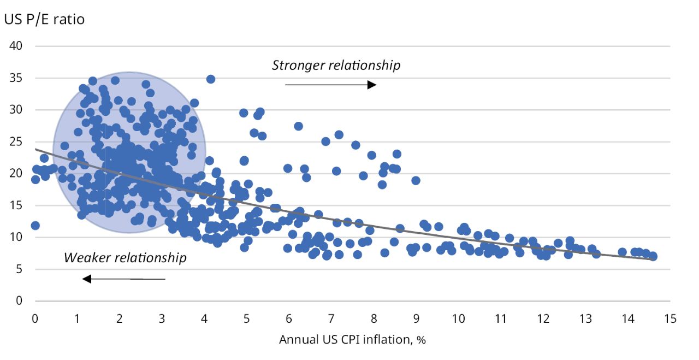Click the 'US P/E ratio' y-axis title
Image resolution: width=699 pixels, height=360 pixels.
click(44, 20)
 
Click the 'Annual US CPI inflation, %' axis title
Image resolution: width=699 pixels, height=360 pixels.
click(352, 340)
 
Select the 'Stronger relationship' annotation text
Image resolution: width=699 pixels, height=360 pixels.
click(336, 66)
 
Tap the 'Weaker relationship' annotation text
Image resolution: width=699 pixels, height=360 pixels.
click(125, 258)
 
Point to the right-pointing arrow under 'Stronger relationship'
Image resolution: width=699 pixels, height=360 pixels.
click(330, 85)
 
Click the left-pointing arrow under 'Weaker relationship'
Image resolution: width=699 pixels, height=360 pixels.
click(123, 279)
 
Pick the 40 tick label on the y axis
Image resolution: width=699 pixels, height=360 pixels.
click(16, 46)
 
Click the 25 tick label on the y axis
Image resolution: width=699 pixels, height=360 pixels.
click(16, 141)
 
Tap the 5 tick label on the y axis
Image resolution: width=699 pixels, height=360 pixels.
click(19, 269)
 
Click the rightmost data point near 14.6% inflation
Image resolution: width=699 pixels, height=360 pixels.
click(653, 256)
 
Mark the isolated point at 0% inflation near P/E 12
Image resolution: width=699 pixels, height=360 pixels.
click(35, 226)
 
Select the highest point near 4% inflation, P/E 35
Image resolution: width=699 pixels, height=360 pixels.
click(210, 79)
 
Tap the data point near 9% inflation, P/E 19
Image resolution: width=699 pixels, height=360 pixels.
click(416, 180)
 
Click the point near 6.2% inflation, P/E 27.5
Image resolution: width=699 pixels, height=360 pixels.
click(298, 126)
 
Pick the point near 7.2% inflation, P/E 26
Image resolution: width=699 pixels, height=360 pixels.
click(339, 134)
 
